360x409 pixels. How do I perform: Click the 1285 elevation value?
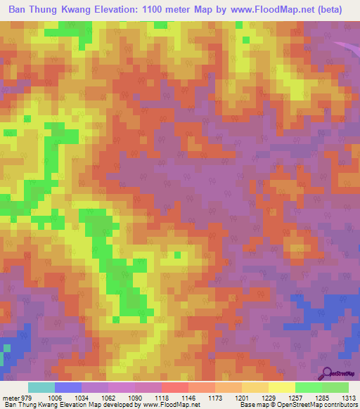[x=321, y=397]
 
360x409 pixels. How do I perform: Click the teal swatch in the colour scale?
[x=41, y=387]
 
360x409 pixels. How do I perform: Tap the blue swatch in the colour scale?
[x=68, y=387]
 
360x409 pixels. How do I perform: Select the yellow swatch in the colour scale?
[x=282, y=387]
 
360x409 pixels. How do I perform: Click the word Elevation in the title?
[x=122, y=10]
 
